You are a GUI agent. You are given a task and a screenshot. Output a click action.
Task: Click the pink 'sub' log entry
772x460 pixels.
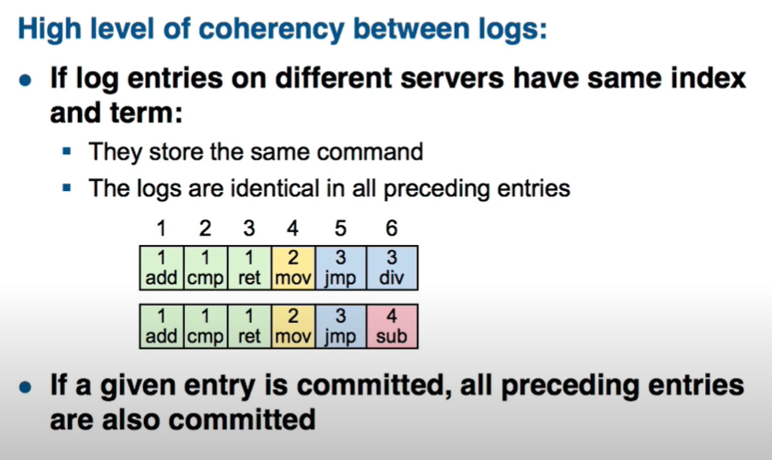392,326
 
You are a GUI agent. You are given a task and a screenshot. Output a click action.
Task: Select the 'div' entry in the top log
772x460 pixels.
392,267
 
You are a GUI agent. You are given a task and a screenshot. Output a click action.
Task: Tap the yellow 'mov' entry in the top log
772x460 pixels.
293,267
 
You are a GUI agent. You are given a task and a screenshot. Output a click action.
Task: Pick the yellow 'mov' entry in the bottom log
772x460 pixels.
293,326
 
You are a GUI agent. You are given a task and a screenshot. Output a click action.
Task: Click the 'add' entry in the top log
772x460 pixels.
161,267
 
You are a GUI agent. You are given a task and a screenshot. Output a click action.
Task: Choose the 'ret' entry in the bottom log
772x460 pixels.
249,326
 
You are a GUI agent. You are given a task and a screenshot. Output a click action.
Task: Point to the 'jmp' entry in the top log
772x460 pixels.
341,267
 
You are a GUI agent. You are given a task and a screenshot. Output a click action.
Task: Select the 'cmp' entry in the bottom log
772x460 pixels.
206,326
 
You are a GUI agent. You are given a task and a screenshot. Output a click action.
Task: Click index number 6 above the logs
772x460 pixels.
392,228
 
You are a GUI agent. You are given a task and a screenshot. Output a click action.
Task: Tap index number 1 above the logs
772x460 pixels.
161,228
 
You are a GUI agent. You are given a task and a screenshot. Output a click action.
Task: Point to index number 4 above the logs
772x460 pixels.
292,228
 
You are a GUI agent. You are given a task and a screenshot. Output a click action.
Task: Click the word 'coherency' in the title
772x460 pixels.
272,29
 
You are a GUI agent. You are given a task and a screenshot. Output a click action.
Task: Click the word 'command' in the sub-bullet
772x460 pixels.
370,152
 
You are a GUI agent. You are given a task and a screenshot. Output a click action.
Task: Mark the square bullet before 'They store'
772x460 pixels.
67,151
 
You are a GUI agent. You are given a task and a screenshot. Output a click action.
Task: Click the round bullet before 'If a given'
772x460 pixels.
25,387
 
